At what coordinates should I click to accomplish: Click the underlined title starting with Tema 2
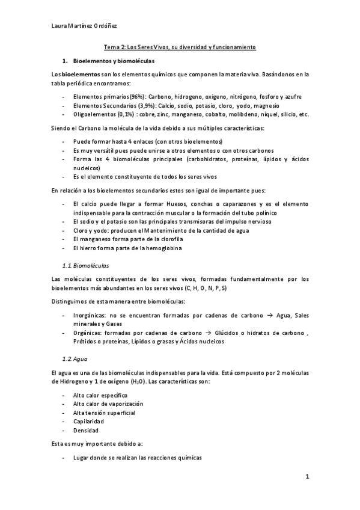[180, 47]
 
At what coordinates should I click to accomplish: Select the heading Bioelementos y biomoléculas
[114, 61]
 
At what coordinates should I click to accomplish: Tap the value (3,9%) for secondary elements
[149, 105]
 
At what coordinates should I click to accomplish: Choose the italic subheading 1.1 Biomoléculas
[86, 265]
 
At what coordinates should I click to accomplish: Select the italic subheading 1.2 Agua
[76, 359]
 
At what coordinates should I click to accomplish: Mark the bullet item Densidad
[87, 431]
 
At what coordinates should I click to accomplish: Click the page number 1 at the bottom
[307, 478]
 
